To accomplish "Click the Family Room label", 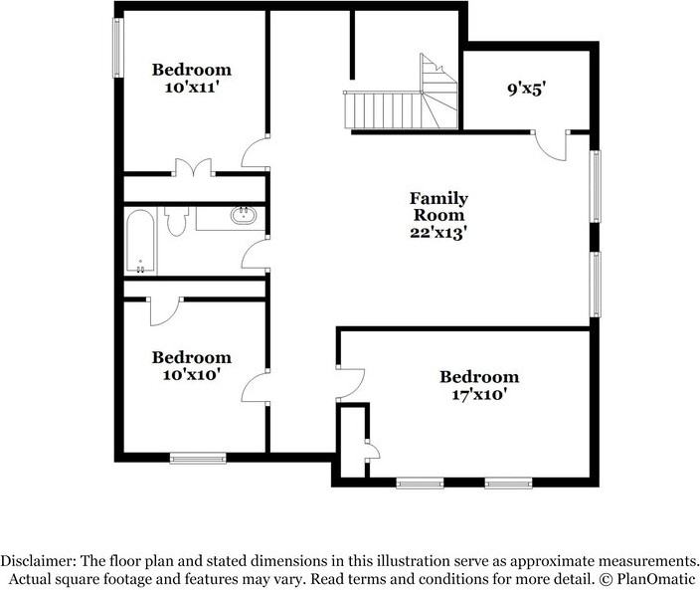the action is pos(438,206).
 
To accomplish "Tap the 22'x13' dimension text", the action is pos(438,233).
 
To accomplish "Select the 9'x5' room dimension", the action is pos(527,90).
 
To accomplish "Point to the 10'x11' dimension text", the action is pos(192,88).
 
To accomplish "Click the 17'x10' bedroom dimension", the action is pos(479,395).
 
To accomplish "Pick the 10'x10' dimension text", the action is pos(192,375).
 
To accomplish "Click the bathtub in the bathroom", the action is pos(140,241).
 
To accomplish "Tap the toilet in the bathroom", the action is pos(176,221).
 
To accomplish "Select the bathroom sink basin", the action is pos(244,215).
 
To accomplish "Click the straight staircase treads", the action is pos(383,109).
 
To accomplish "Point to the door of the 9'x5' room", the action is pos(550,145).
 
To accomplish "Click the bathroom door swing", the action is pos(255,254).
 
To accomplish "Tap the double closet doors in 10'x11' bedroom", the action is pos(193,167).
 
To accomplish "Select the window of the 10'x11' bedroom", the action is pos(117,48).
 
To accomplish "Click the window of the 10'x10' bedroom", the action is pos(198,458).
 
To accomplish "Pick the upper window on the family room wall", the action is pos(595,186).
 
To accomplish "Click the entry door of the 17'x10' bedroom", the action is pos(350,383).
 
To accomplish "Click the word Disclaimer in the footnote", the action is pos(38,561).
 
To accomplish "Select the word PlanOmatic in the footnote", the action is pos(656,580).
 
